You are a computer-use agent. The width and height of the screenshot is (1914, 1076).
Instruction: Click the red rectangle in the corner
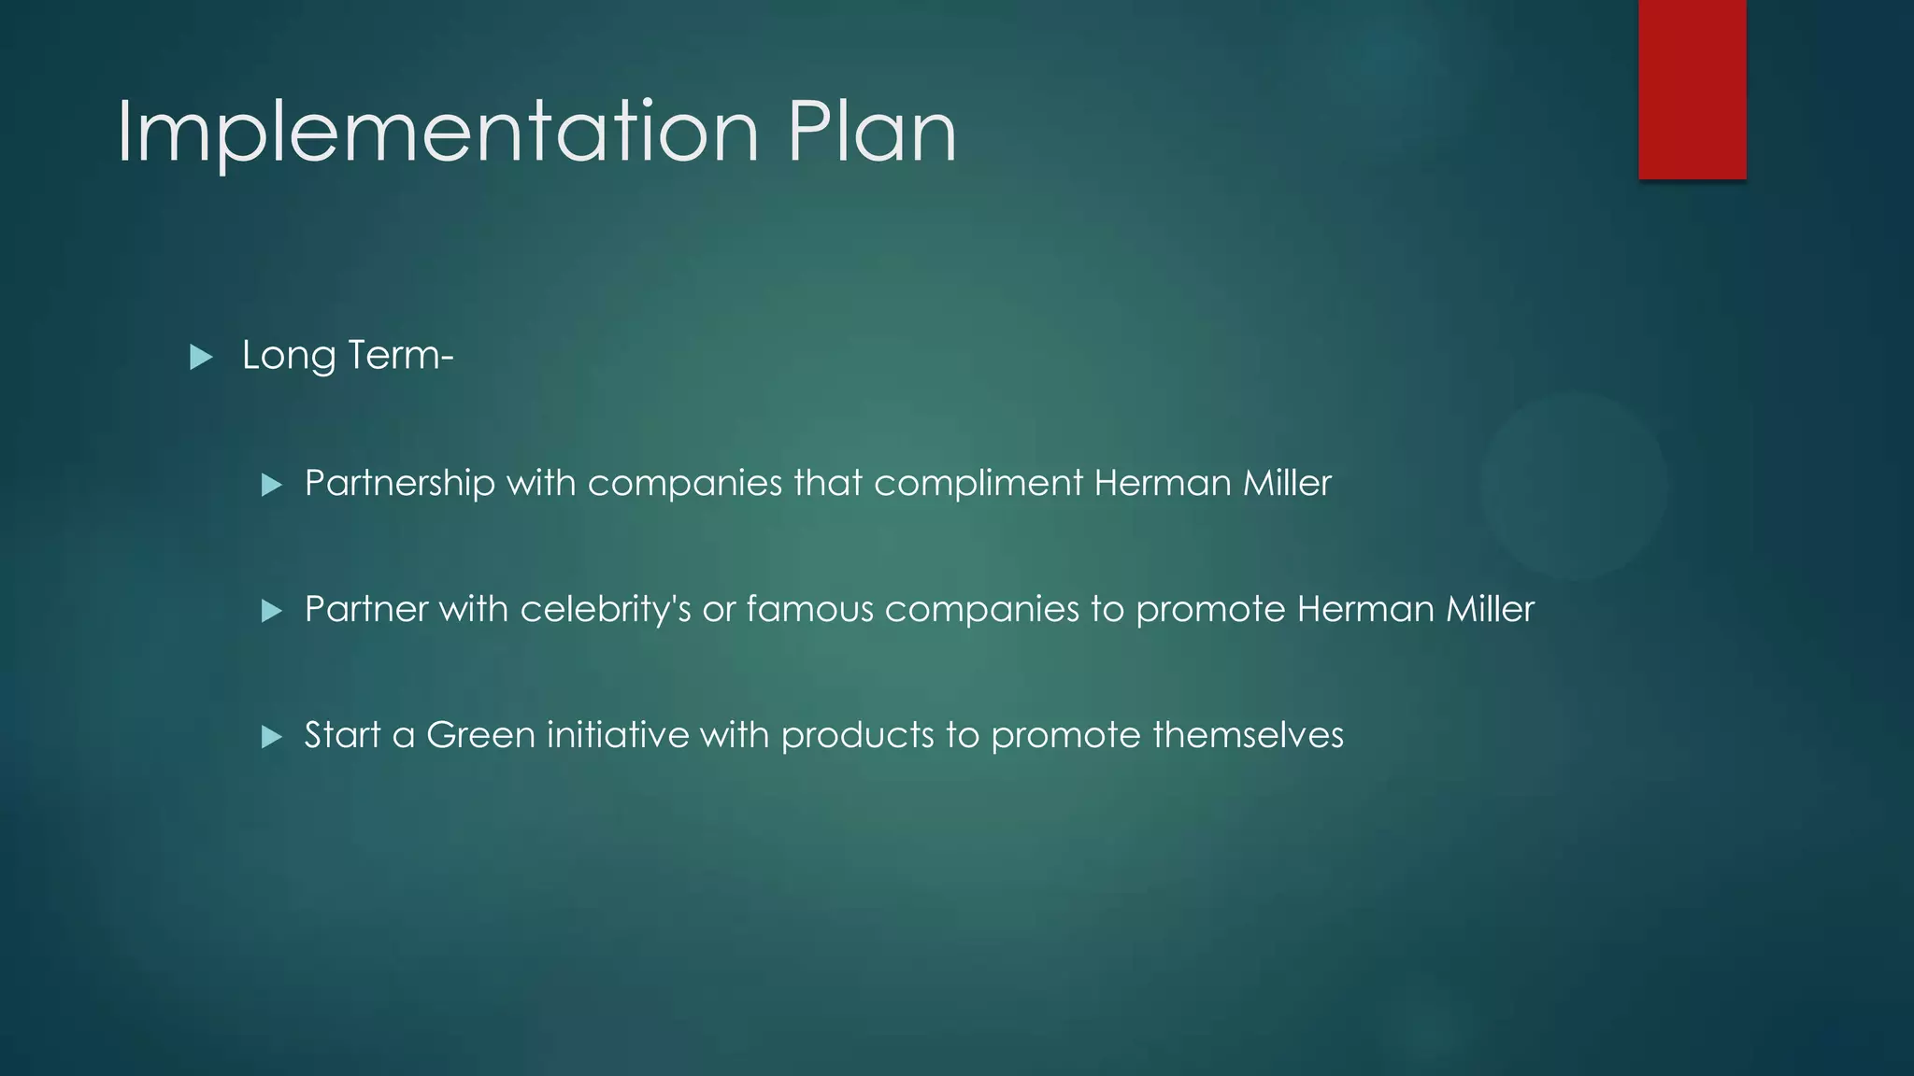1692,89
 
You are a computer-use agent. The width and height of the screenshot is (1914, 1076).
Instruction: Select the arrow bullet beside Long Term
201,357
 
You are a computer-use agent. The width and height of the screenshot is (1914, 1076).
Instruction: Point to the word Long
288,356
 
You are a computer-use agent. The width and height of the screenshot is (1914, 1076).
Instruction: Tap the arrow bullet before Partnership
271,485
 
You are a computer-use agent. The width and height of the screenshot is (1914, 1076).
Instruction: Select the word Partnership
399,483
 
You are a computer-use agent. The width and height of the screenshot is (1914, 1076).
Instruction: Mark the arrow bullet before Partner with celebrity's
271,611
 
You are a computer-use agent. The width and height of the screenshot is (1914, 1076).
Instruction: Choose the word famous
809,609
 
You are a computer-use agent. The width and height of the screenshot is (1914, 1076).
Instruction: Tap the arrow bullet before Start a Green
271,737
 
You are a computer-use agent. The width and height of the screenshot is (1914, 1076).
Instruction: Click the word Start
342,735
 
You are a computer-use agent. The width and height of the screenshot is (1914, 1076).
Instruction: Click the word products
857,735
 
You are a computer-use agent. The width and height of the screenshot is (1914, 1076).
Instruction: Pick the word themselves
1248,735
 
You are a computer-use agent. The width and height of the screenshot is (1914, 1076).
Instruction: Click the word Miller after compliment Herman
1287,483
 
